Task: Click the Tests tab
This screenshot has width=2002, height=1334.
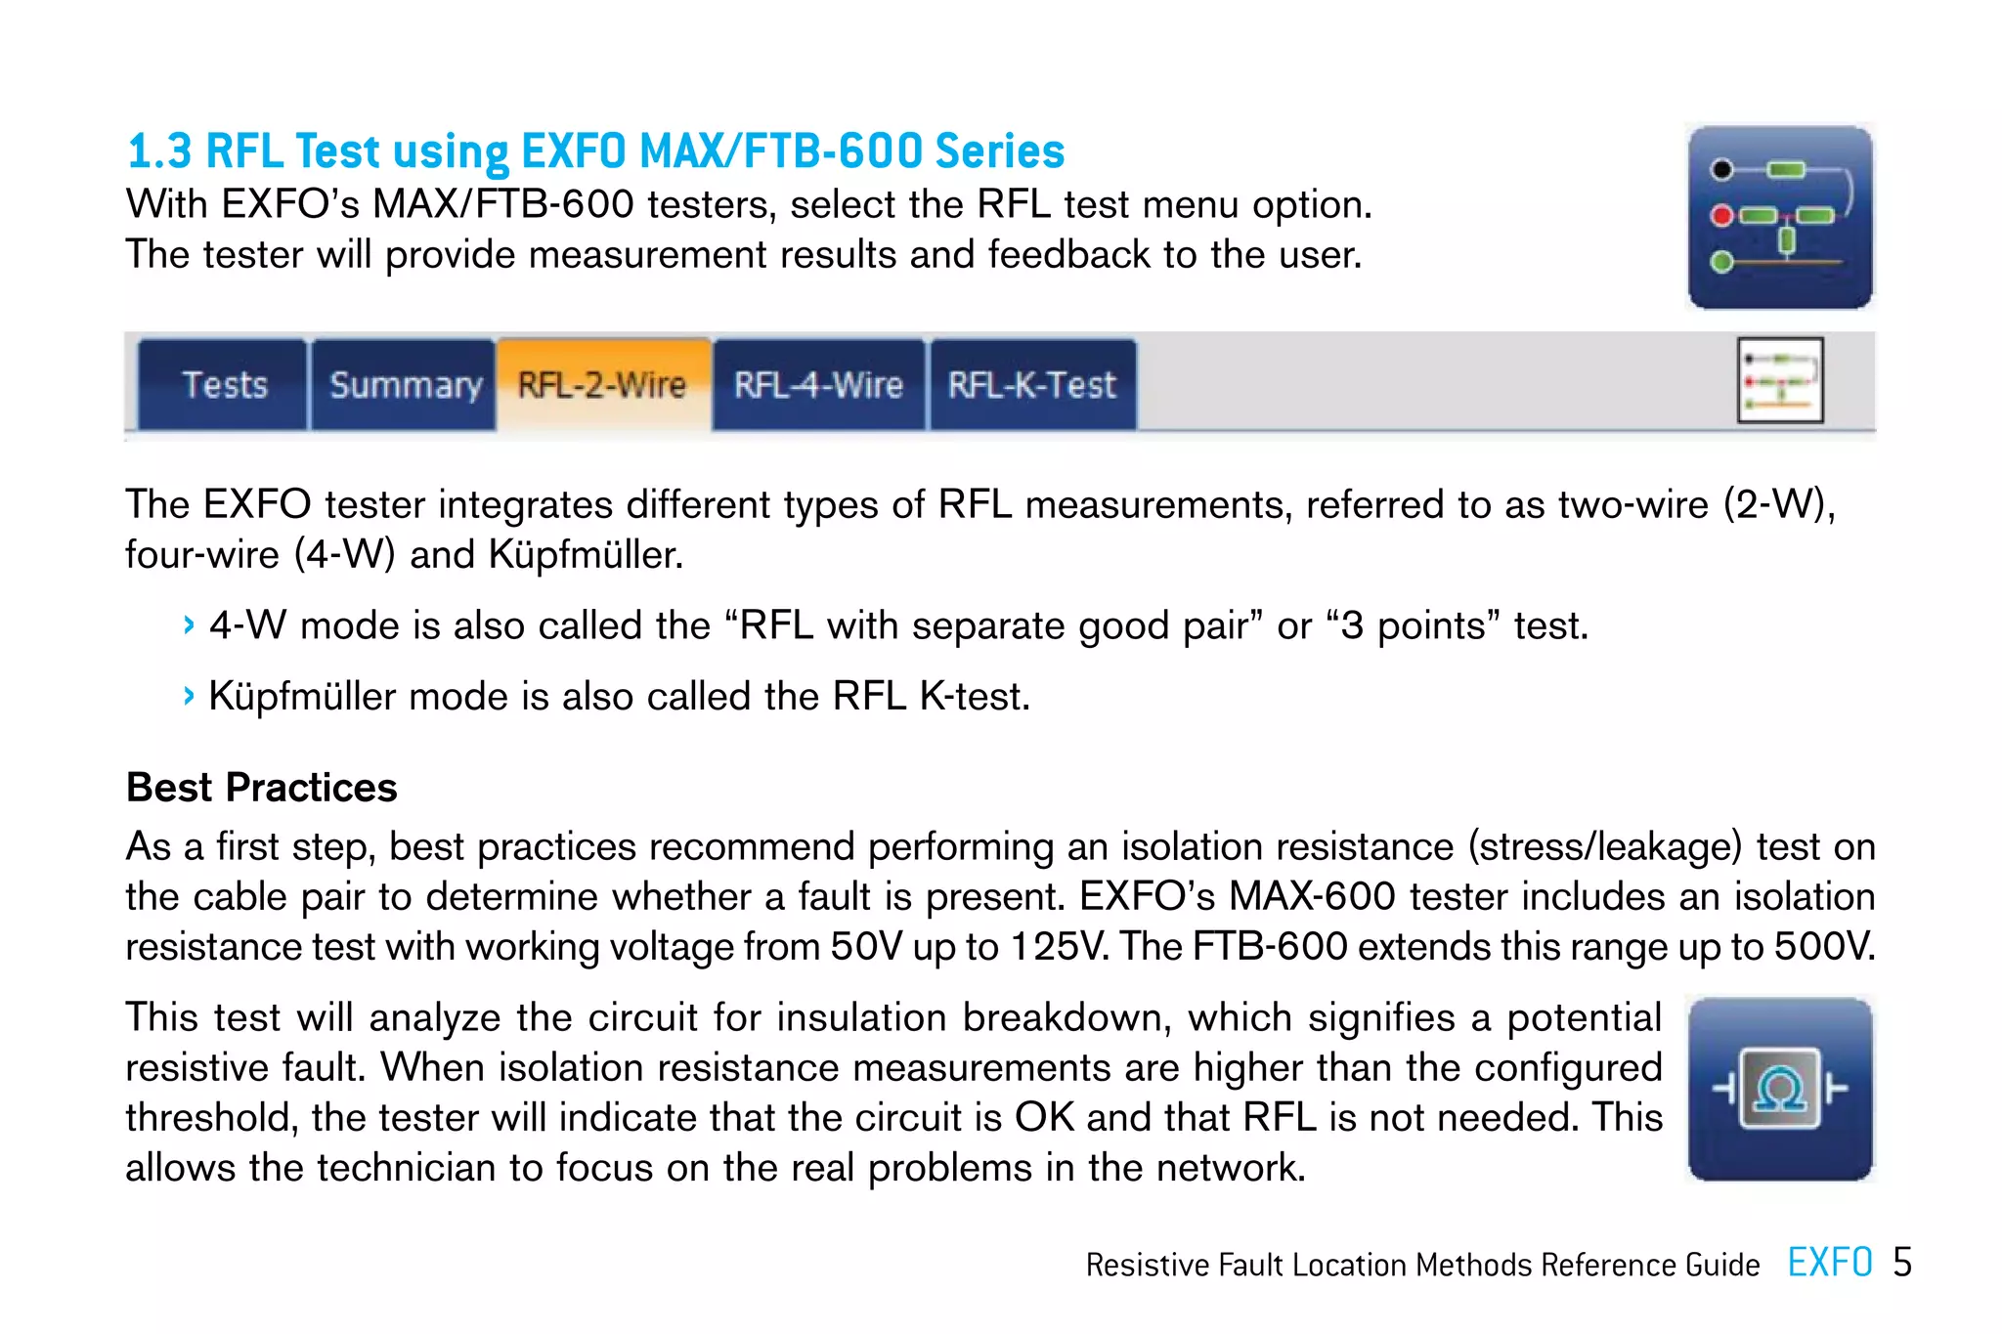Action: (224, 385)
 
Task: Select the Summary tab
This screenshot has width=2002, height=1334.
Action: (405, 385)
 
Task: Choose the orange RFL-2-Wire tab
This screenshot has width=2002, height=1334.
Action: (602, 385)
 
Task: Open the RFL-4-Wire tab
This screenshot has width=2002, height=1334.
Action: (818, 385)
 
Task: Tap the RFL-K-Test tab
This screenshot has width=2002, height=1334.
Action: (1031, 385)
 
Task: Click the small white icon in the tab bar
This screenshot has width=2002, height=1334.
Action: (1780, 380)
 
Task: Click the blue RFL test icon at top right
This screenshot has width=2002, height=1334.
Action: (1779, 217)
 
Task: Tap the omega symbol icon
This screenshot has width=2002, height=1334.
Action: (1779, 1088)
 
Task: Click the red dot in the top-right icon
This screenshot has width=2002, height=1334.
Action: (1721, 216)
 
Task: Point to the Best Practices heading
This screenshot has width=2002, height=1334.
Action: (262, 788)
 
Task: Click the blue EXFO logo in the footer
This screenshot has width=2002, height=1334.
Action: (1829, 1263)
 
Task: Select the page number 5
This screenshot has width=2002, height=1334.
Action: (1902, 1263)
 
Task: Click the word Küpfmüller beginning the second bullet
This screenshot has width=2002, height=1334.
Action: (302, 697)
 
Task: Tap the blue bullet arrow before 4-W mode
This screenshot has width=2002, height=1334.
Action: (189, 625)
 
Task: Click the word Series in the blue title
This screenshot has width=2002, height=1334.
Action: (999, 151)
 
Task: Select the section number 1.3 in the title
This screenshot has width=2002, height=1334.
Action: (159, 151)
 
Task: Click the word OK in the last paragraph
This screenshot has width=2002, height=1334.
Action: (1044, 1117)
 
